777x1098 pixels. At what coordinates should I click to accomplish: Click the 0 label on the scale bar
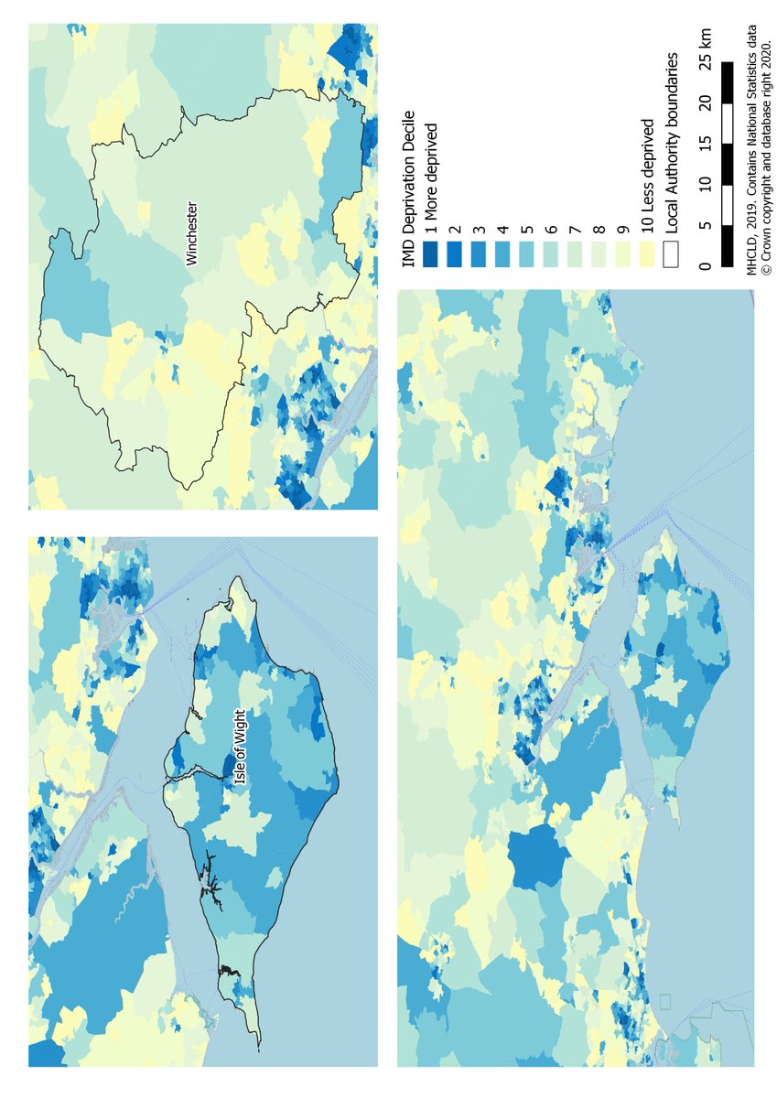[x=704, y=265]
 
